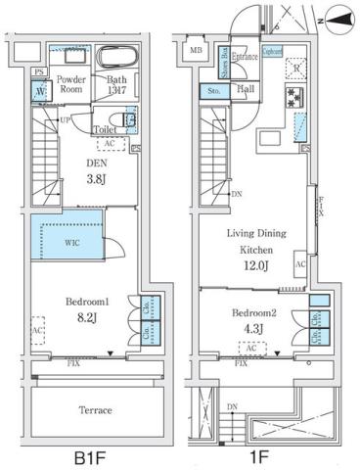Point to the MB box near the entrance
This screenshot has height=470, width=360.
click(196, 52)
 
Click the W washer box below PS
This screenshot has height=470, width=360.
click(40, 93)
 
